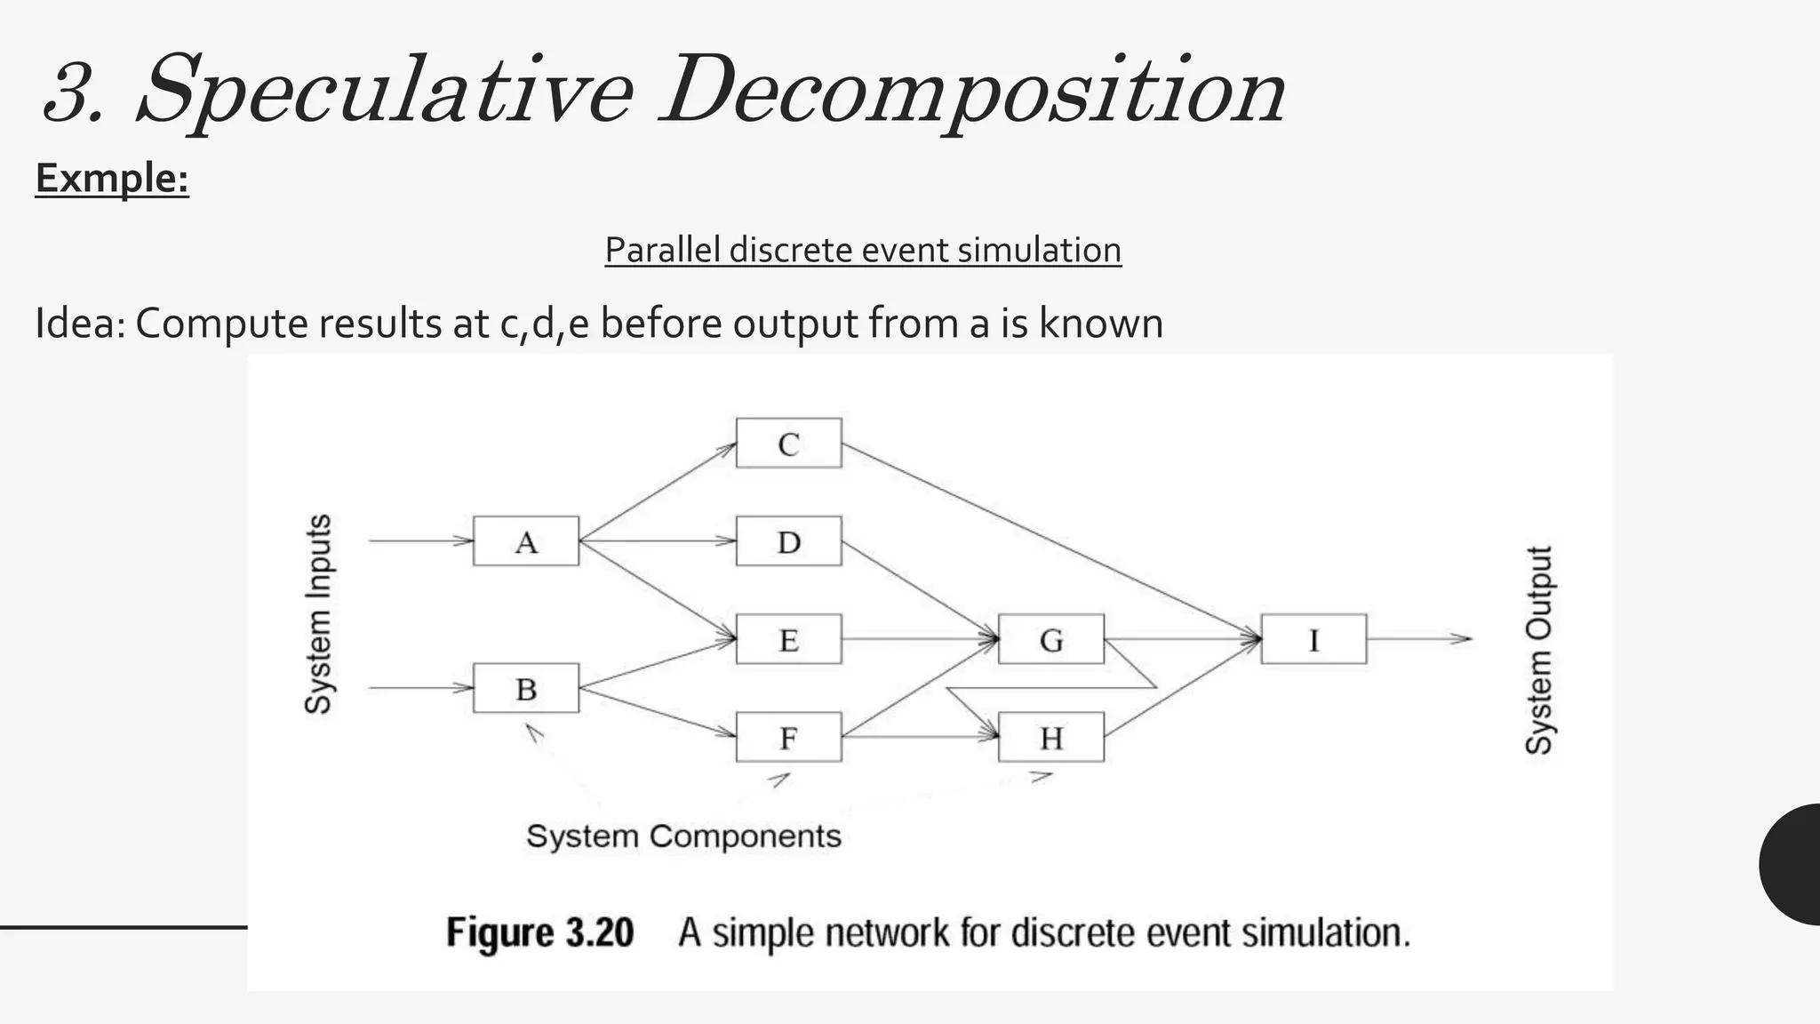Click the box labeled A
point(525,540)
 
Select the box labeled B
point(525,687)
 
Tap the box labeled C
point(788,443)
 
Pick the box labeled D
point(788,540)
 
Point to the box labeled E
point(788,638)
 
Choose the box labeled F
point(788,736)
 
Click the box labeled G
point(1050,638)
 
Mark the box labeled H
point(1050,736)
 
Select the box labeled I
point(1313,638)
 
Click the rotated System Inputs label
point(318,613)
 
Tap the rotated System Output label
point(1538,650)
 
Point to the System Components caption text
point(683,836)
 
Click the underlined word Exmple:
point(112,178)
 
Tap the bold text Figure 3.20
point(539,932)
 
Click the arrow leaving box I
point(1419,638)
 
